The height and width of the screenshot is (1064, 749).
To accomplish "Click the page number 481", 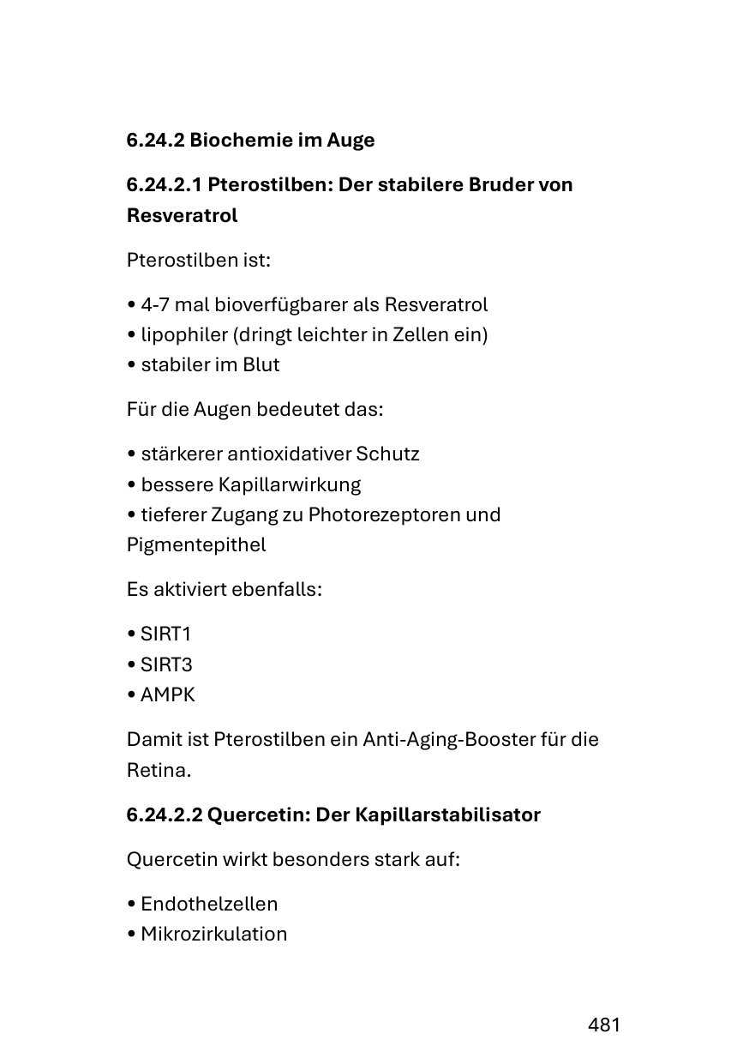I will tap(603, 1025).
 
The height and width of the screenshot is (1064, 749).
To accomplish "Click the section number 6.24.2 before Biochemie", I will tap(155, 140).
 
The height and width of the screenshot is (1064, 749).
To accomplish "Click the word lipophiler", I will tap(182, 334).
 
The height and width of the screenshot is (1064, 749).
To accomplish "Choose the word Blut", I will tap(261, 364).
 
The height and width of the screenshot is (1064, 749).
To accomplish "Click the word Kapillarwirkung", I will tap(290, 484).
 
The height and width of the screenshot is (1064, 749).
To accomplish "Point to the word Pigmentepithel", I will tap(196, 544).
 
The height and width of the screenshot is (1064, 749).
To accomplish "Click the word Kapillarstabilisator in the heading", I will tap(446, 815).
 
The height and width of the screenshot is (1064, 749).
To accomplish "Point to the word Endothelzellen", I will tap(209, 904).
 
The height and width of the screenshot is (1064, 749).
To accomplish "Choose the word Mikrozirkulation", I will tap(214, 934).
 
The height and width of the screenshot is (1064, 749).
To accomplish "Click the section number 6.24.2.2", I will tap(164, 815).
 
